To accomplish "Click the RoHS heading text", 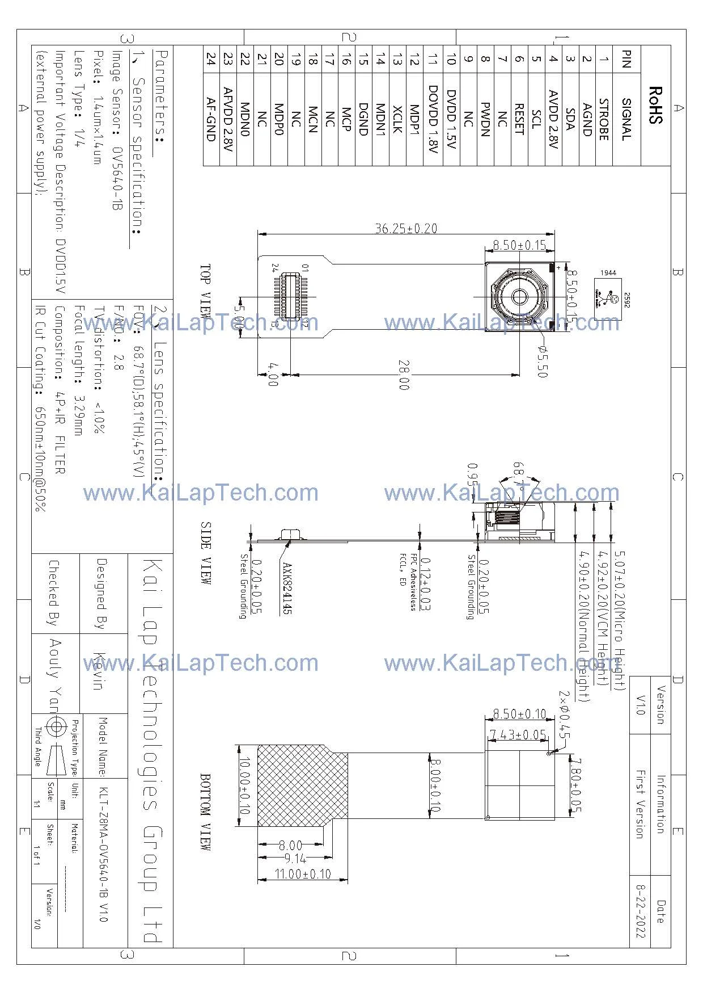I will point(655,106).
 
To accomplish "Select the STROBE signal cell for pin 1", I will point(604,119).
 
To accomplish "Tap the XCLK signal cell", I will point(397,119).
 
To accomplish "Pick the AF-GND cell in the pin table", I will point(211,119).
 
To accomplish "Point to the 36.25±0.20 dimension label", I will point(406,228).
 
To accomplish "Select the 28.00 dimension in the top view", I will point(404,375).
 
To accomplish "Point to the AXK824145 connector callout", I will point(287,590).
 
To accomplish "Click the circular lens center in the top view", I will point(519,296).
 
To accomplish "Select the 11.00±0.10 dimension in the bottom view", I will point(302,874).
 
